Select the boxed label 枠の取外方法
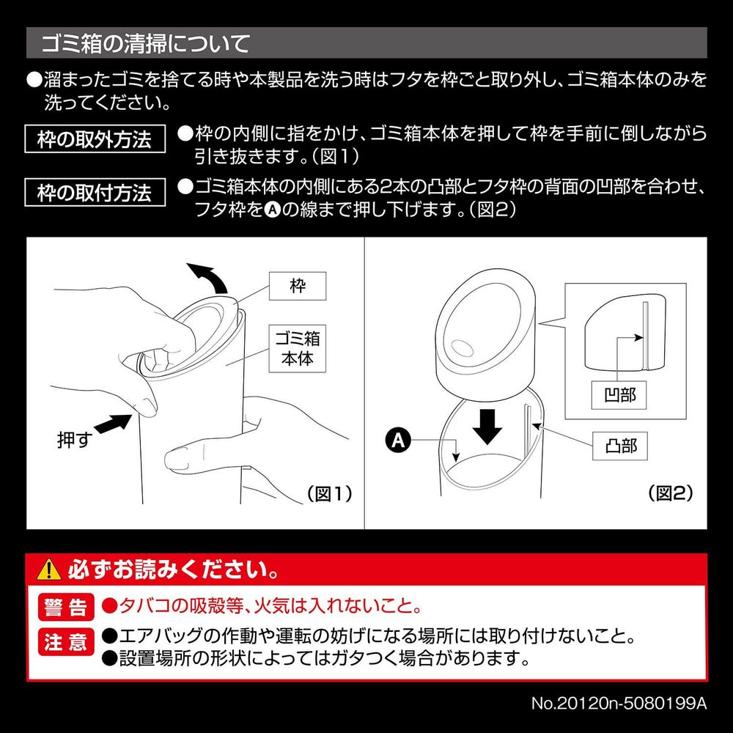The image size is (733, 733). (x=94, y=139)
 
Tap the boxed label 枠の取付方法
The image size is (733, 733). (x=94, y=194)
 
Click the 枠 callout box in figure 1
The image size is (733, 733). (x=297, y=287)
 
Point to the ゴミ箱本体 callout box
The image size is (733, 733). (x=297, y=350)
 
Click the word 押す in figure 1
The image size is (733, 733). (x=73, y=441)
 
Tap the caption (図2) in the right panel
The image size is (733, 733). (x=671, y=493)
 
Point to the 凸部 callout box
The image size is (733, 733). (x=620, y=446)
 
